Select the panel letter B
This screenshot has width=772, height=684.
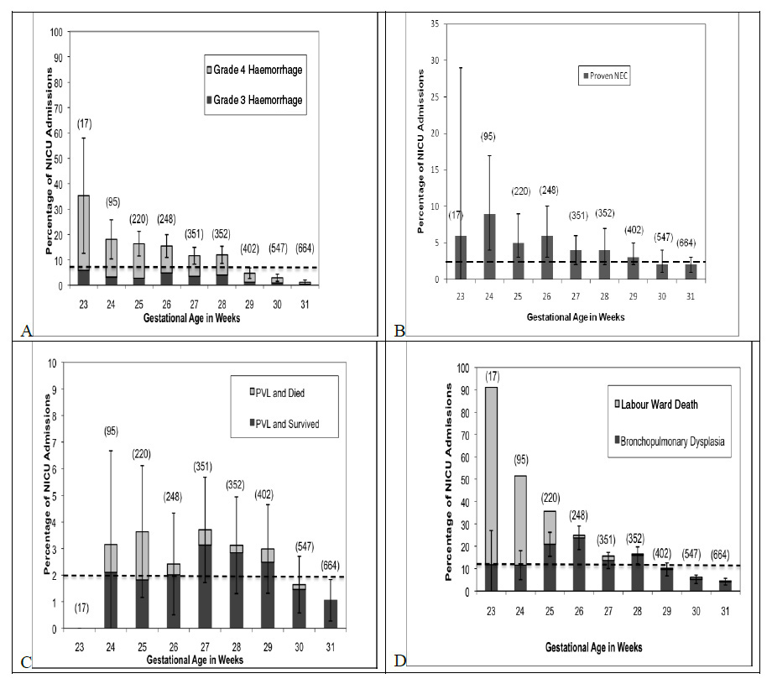399,330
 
